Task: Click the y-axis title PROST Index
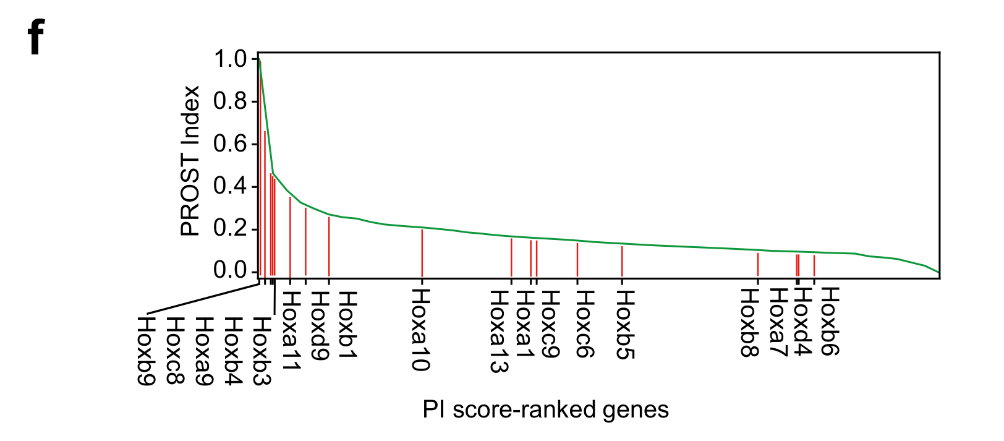pos(190,161)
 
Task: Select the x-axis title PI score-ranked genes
pos(545,410)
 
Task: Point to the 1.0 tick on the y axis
pos(230,59)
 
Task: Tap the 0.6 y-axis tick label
pos(230,144)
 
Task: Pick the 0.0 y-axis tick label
pos(230,270)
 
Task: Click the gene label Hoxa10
pos(421,330)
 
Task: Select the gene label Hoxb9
pos(146,351)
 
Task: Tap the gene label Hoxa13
pos(499,332)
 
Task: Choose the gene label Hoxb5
pos(625,325)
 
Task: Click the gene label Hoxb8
pos(750,323)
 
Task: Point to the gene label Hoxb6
pos(830,322)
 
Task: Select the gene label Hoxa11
pos(291,332)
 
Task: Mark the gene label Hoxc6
pos(584,324)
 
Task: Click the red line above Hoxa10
pos(422,252)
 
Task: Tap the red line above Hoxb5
pos(622,261)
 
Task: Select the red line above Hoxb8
pos(758,264)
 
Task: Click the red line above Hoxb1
pos(329,246)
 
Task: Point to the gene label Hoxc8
pos(176,351)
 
